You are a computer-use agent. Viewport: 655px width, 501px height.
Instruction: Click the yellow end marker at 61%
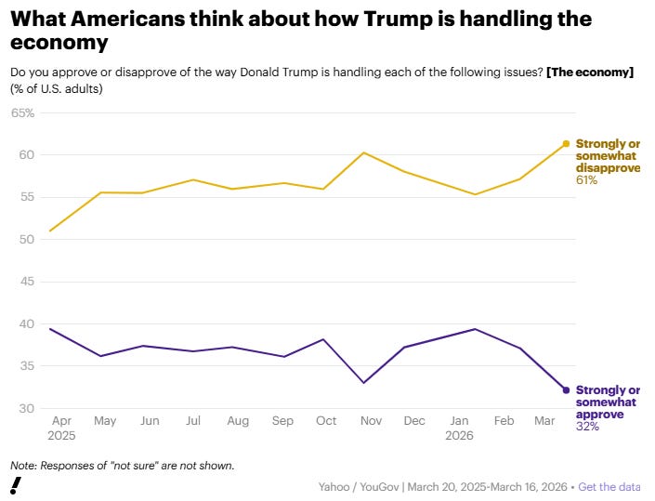pos(566,144)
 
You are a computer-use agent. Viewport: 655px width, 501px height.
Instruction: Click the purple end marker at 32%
pos(566,390)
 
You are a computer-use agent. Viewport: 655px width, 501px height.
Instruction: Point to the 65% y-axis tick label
pos(22,113)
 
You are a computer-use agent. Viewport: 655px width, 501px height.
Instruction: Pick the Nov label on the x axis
pos(370,421)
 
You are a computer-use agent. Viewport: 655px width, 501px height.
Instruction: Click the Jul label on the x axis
pos(192,421)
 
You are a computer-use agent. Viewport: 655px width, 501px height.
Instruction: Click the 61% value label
pos(587,180)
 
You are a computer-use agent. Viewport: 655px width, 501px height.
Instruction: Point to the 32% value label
pos(587,427)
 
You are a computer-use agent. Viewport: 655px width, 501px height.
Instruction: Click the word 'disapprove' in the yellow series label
pos(608,168)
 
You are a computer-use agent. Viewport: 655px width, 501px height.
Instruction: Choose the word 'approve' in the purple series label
pos(600,415)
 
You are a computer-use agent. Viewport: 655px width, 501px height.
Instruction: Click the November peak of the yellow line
pos(364,152)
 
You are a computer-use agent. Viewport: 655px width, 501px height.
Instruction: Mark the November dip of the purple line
pos(364,383)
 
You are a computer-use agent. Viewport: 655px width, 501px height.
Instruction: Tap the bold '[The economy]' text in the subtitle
pos(591,73)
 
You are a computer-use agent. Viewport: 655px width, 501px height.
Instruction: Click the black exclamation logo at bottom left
pos(16,485)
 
